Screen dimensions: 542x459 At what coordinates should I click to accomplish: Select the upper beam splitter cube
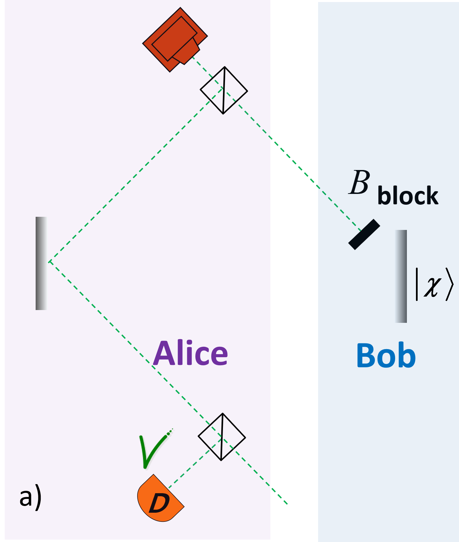[224, 90]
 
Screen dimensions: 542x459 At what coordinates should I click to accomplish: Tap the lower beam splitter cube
[222, 437]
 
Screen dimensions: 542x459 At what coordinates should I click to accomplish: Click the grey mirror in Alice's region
[42, 263]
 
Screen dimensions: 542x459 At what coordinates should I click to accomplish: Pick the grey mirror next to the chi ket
[400, 276]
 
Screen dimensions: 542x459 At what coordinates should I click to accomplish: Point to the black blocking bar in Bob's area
[364, 235]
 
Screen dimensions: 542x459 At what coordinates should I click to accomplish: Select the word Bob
[386, 356]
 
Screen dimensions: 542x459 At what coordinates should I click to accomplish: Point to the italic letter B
[359, 182]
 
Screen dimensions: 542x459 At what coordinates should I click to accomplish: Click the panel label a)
[30, 498]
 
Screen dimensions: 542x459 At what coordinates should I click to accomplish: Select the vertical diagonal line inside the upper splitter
[224, 90]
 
